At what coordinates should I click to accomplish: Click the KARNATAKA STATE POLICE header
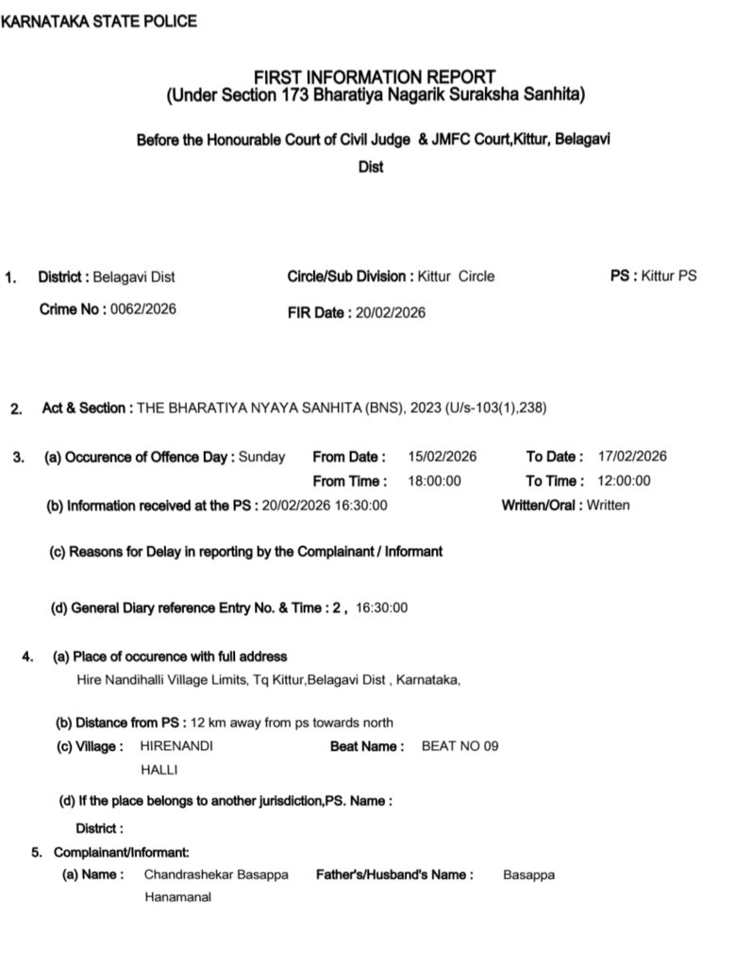[x=99, y=22]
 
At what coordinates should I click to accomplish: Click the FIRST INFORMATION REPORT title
[x=376, y=76]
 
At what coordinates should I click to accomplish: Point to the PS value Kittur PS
[x=669, y=276]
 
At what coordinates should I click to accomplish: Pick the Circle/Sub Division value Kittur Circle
[x=456, y=277]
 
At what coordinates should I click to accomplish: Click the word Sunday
[x=261, y=457]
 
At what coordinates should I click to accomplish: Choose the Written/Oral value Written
[x=608, y=505]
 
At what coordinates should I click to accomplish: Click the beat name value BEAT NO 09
[x=460, y=746]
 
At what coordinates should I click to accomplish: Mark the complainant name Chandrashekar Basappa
[x=216, y=874]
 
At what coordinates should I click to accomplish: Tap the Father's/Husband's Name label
[x=394, y=874]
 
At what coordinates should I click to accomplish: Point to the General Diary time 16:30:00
[x=382, y=608]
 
